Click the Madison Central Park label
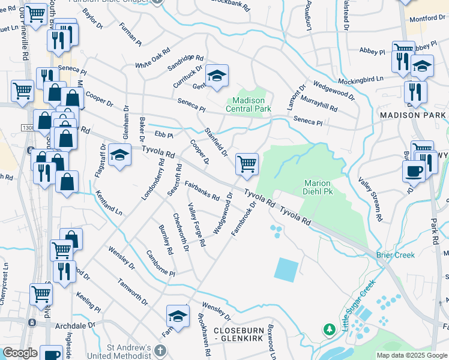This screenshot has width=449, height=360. [x=248, y=104]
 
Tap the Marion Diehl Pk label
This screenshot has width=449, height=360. [x=323, y=187]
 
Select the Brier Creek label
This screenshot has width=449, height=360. [x=396, y=255]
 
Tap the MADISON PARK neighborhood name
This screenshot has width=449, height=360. [x=413, y=114]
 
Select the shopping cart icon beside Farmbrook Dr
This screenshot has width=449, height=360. [x=247, y=164]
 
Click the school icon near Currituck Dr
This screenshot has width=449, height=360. [x=217, y=76]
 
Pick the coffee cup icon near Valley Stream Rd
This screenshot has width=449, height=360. [x=414, y=170]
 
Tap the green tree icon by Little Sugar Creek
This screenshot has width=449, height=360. [x=329, y=329]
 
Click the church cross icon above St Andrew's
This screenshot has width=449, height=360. [x=160, y=350]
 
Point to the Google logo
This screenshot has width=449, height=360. [x=20, y=353]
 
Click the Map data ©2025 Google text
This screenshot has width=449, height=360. [x=411, y=355]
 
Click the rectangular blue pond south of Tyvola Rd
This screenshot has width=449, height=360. [x=286, y=269]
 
